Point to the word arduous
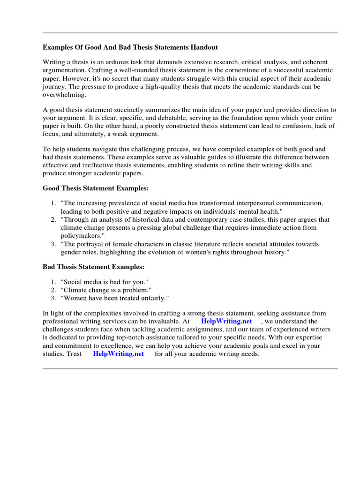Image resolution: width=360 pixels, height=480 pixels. point(118,62)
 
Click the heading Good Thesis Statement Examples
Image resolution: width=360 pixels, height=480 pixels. point(96,188)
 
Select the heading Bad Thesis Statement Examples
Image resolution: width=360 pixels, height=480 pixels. point(94,267)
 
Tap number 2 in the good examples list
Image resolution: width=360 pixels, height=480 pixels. point(53,219)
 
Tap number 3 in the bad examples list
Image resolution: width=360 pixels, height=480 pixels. point(53,298)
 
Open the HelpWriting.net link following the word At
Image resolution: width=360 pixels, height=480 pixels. point(226,321)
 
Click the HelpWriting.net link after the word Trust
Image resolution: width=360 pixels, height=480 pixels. point(118,354)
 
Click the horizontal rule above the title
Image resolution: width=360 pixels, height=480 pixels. point(190,33)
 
